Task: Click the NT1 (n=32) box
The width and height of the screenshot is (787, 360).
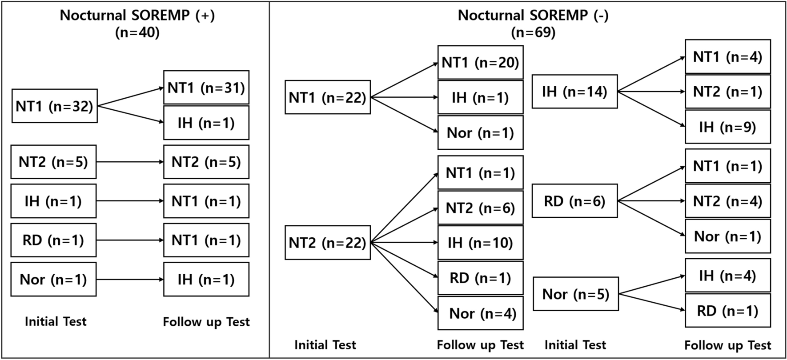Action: [54, 106]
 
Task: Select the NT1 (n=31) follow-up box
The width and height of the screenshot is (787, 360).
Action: [206, 88]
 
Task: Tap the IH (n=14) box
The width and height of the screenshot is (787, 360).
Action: [574, 92]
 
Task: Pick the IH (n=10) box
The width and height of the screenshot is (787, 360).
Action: [480, 243]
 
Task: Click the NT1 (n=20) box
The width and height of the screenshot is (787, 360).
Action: [480, 62]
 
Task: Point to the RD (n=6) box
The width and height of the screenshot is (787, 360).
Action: [574, 201]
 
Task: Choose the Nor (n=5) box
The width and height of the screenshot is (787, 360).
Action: [575, 294]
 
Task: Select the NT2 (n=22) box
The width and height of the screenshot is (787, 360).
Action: [327, 243]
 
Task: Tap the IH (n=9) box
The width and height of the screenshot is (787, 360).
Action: [727, 127]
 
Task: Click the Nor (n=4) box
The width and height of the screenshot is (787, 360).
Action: [480, 313]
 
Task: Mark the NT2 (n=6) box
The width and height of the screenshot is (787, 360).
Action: [480, 208]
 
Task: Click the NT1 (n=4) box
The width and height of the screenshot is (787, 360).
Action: [727, 56]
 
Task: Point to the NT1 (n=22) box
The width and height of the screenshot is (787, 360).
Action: [327, 97]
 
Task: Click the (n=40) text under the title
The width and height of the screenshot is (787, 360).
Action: [137, 32]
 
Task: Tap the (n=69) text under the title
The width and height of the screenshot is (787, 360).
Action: [533, 32]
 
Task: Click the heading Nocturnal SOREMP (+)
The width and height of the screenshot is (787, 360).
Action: [137, 15]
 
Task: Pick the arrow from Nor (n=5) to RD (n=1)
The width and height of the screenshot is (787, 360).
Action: [651, 302]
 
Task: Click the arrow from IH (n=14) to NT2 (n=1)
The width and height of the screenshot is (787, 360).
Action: [651, 92]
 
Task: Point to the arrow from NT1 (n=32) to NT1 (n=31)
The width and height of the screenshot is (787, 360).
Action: [130, 97]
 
